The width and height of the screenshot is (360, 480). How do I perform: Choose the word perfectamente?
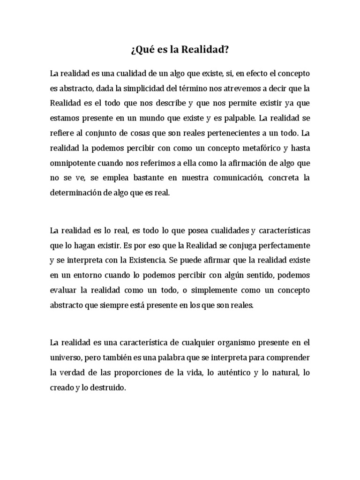[284, 245]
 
